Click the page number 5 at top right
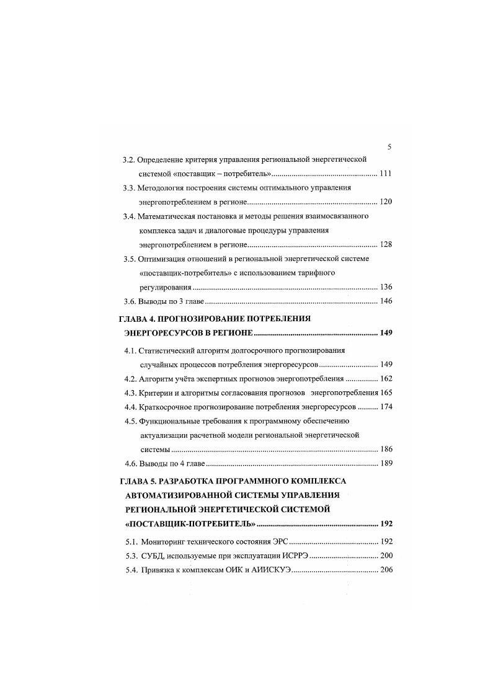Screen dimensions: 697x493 pyautogui.click(x=389, y=147)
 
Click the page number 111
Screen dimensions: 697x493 pyautogui.click(x=384, y=173)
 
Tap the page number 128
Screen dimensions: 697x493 pyautogui.click(x=384, y=245)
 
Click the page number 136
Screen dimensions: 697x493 pyautogui.click(x=384, y=287)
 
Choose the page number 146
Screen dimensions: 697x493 pyautogui.click(x=384, y=301)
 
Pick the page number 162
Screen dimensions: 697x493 pyautogui.click(x=384, y=379)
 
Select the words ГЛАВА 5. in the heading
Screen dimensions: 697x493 pyautogui.click(x=138, y=481)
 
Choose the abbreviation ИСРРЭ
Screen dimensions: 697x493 pyautogui.click(x=291, y=556)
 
